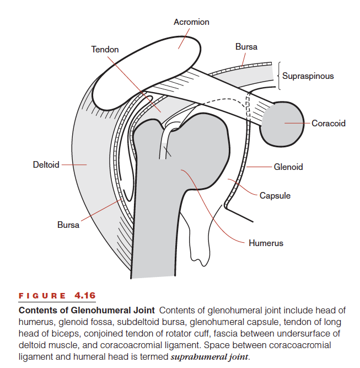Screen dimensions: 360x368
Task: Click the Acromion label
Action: pyautogui.click(x=191, y=22)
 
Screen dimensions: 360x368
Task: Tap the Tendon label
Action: pyautogui.click(x=105, y=50)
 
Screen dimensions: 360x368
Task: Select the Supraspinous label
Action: pyautogui.click(x=308, y=76)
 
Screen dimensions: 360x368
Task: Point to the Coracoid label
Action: pyautogui.click(x=329, y=123)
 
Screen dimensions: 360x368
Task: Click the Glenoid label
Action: pyautogui.click(x=288, y=167)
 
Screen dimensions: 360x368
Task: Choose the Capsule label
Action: pyautogui.click(x=275, y=196)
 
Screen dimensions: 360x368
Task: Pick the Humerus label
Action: pyautogui.click(x=266, y=243)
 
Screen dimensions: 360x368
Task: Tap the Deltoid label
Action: pyautogui.click(x=46, y=165)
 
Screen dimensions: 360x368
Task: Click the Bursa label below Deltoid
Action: pyautogui.click(x=68, y=225)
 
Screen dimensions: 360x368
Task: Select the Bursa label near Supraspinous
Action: pyautogui.click(x=246, y=47)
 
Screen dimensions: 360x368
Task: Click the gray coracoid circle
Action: pyautogui.click(x=281, y=124)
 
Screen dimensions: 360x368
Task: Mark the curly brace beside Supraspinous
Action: pyautogui.click(x=279, y=76)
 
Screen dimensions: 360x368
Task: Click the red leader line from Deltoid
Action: pyautogui.click(x=74, y=165)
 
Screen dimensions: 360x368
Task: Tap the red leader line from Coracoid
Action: pyautogui.click(x=297, y=123)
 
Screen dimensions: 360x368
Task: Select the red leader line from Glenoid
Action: pyautogui.click(x=259, y=167)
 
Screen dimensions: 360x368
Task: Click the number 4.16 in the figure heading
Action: pyautogui.click(x=85, y=295)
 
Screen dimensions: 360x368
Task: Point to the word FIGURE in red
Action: pyautogui.click(x=42, y=296)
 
